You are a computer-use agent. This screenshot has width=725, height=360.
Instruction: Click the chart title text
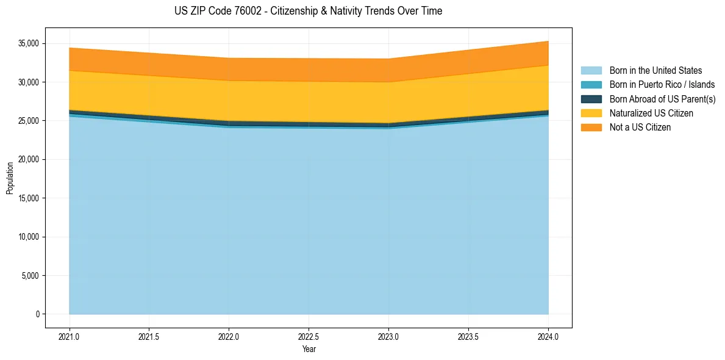tap(308, 11)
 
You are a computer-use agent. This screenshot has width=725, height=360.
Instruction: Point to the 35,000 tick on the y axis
tap(29, 43)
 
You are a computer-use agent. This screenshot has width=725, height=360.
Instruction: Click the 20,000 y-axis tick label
tap(29, 159)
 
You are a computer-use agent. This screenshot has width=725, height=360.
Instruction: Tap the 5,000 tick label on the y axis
tap(30, 276)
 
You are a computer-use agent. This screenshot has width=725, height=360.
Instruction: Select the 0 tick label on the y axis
tap(37, 314)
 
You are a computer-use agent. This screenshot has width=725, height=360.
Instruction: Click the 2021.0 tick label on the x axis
tap(70, 336)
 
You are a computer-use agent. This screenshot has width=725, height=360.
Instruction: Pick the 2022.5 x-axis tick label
tap(309, 336)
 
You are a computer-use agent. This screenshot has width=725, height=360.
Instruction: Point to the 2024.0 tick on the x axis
tap(548, 336)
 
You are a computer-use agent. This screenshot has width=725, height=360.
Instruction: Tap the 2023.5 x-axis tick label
tap(468, 336)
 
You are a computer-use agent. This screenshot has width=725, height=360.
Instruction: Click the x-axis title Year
tap(309, 349)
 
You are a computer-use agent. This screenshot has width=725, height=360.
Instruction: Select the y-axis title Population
tap(10, 178)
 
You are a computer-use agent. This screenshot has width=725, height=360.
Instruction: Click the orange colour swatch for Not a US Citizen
tap(591, 128)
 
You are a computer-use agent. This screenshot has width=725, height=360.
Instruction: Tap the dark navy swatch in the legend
tap(591, 99)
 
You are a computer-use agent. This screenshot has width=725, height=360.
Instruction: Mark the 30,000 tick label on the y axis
tap(29, 82)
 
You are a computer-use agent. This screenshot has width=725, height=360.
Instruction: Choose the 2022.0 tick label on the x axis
tap(229, 336)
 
